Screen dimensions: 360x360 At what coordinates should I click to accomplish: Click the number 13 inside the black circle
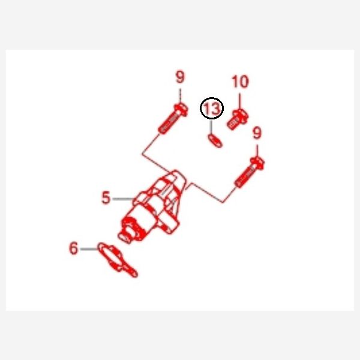point(211,108)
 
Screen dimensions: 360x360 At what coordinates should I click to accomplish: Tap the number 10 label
point(240,82)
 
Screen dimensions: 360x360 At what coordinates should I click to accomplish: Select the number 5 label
point(106,197)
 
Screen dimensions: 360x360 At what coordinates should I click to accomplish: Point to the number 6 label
point(74,248)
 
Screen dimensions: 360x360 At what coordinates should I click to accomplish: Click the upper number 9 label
point(180,77)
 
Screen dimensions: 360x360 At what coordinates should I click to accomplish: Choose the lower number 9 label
point(257,133)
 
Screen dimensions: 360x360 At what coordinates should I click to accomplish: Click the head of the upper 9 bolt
point(181,110)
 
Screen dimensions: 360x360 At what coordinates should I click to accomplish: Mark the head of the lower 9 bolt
point(257,163)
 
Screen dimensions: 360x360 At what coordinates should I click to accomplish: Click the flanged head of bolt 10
point(241,116)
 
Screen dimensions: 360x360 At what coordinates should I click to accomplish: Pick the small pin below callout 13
point(215,141)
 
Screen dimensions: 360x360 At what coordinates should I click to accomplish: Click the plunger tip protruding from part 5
point(124,238)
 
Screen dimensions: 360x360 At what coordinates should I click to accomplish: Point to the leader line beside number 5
point(123,199)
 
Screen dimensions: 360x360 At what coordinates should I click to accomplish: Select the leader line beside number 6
point(89,249)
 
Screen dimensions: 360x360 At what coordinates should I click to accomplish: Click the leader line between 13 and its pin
point(211,127)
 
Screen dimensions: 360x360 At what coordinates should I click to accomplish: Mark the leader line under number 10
point(240,101)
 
